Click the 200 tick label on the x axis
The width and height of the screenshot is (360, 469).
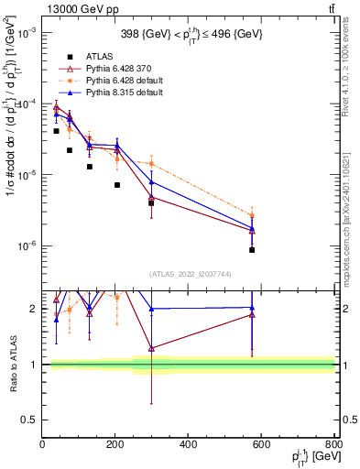115,446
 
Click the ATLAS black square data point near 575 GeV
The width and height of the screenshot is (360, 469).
252,249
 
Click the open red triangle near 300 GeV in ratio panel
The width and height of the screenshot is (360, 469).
151,348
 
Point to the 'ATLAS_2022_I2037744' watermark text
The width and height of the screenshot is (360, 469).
189,274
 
